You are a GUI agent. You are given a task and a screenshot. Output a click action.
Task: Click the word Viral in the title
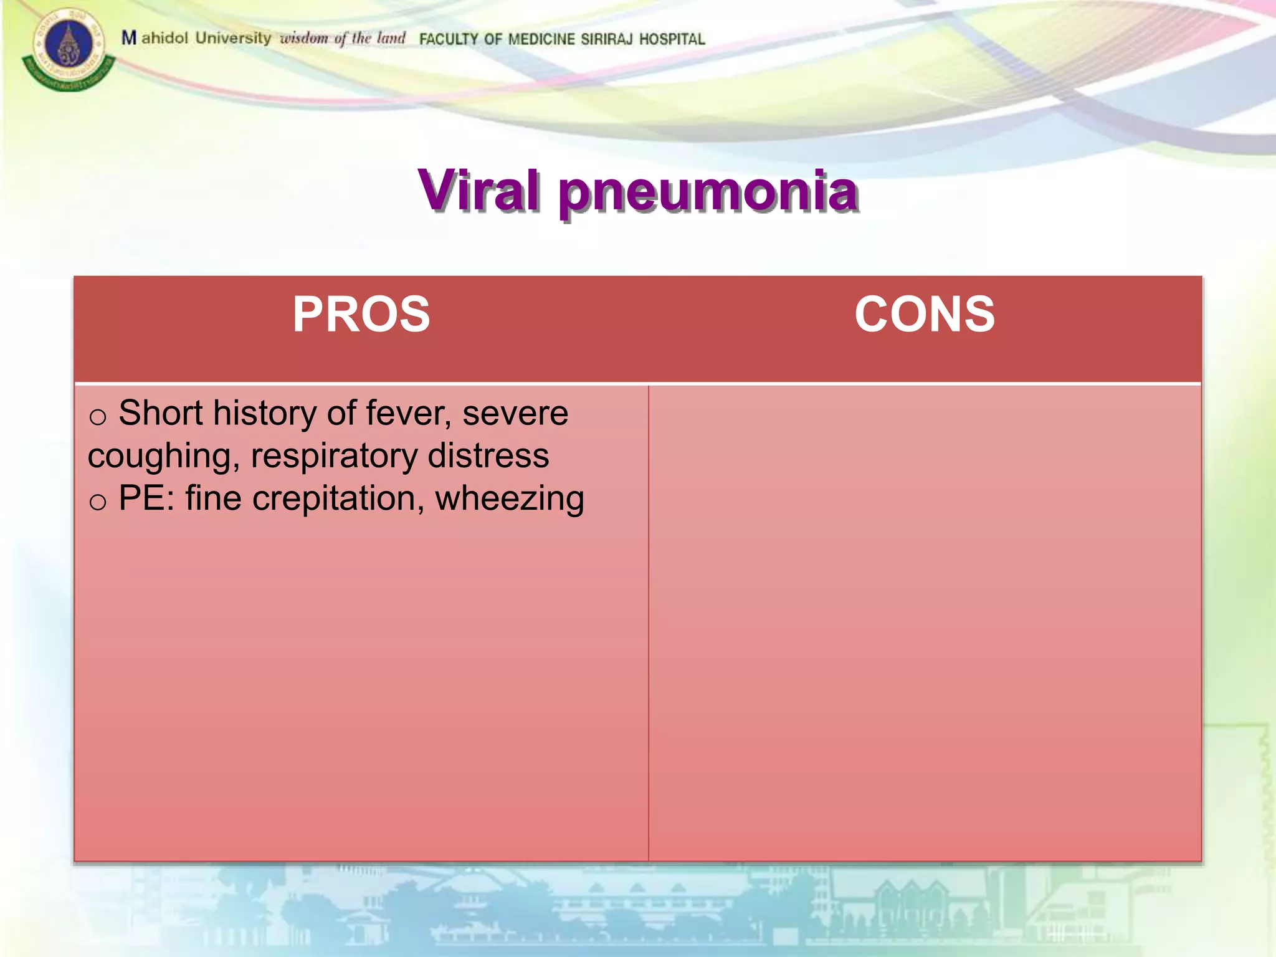pos(478,191)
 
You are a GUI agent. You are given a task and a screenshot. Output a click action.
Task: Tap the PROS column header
pos(361,314)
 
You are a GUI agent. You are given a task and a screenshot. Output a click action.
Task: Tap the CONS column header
pos(925,314)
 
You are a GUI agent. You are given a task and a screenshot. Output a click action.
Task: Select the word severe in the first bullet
pos(515,413)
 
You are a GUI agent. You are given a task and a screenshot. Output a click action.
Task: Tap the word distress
pos(488,455)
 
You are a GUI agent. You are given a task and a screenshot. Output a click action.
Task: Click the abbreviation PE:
pos(147,498)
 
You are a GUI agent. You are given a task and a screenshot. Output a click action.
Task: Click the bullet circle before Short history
pos(98,417)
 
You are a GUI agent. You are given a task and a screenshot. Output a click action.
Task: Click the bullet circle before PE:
pos(98,502)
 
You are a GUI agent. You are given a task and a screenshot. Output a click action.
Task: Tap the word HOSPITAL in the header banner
pos(672,39)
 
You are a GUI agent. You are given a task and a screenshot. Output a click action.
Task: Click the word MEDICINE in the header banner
pos(541,39)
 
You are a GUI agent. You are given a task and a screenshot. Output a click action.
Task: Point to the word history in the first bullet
pos(265,413)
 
